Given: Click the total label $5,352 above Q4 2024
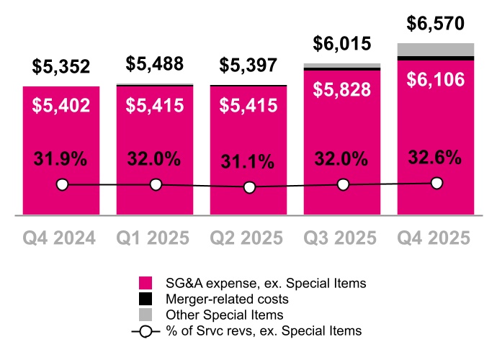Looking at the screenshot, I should [61, 67].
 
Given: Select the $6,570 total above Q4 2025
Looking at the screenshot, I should [436, 24].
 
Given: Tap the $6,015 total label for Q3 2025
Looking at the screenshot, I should [342, 44].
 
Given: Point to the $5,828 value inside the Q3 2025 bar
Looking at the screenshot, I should [342, 89].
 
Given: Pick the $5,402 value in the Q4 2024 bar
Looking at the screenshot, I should [61, 106].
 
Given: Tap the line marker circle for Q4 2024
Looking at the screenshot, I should [62, 185].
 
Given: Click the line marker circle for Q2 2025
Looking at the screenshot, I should [249, 187].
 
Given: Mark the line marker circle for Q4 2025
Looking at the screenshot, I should [436, 183].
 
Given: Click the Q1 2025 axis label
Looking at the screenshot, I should [155, 238].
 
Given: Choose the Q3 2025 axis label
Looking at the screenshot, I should [342, 238].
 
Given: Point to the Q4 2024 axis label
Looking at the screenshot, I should [61, 238].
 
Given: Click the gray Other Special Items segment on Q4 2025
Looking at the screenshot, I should [436, 49].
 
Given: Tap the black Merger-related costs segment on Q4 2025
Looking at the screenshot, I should [436, 58].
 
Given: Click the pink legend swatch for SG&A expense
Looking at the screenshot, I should [145, 283].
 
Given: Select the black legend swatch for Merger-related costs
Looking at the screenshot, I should [145, 299].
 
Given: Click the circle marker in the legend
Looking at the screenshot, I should [145, 330].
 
